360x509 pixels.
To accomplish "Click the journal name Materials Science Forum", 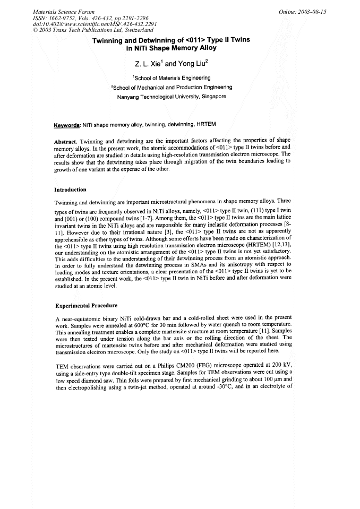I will [x=56, y=11].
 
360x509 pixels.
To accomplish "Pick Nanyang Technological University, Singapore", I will [x=172, y=97].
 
